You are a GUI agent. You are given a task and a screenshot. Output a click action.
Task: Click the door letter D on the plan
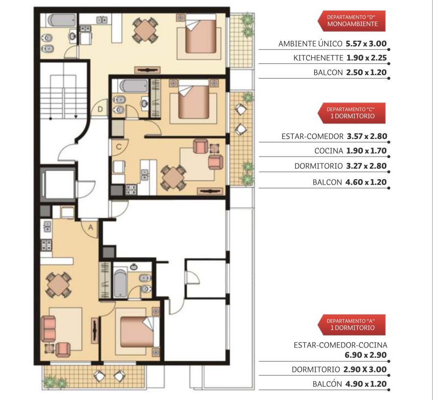pyautogui.click(x=100, y=109)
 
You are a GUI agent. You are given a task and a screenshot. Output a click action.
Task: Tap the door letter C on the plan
pyautogui.click(x=119, y=147)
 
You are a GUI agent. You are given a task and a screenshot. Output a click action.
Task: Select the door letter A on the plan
pyautogui.click(x=91, y=228)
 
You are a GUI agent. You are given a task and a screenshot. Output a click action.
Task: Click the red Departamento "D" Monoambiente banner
pyautogui.click(x=352, y=21)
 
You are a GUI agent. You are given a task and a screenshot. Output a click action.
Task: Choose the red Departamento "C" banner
pyautogui.click(x=352, y=113)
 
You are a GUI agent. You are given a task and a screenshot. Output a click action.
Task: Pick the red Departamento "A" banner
pyautogui.click(x=352, y=325)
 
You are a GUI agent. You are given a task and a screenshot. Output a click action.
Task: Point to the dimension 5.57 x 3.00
pyautogui.click(x=366, y=44)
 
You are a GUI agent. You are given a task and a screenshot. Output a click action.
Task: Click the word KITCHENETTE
pyautogui.click(x=318, y=58)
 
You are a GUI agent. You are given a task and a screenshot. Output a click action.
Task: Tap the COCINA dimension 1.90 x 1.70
pyautogui.click(x=366, y=151)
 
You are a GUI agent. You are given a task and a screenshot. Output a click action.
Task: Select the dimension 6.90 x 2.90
pyautogui.click(x=366, y=355)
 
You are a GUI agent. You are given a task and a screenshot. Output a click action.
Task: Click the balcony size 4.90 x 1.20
pyautogui.click(x=366, y=384)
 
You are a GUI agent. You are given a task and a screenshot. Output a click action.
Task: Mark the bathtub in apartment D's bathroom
pyautogui.click(x=62, y=21)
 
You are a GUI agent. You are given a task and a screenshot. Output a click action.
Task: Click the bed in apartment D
pyautogui.click(x=201, y=33)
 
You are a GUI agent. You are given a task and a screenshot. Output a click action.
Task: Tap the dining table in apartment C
pyautogui.click(x=174, y=178)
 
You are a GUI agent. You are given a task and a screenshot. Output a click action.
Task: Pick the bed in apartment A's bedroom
pyautogui.click(x=137, y=331)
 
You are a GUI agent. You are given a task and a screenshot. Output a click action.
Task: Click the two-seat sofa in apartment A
pyautogui.click(x=49, y=329)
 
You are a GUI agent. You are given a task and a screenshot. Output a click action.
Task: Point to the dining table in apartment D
pyautogui.click(x=145, y=30)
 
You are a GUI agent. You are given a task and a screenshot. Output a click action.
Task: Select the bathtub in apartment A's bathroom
pyautogui.click(x=120, y=283)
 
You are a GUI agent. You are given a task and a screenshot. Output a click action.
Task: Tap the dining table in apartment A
pyautogui.click(x=58, y=285)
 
